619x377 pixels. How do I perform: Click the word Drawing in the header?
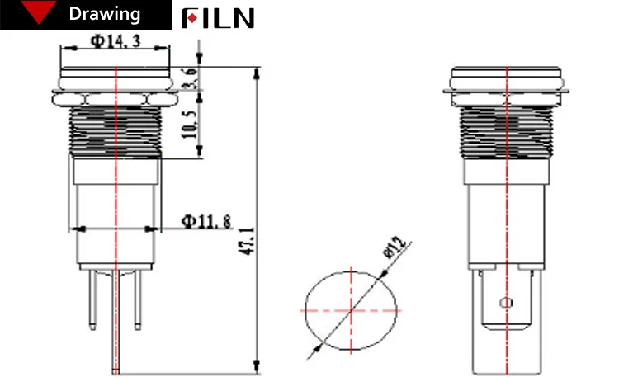(104, 15)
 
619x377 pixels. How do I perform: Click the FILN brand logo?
(218, 18)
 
